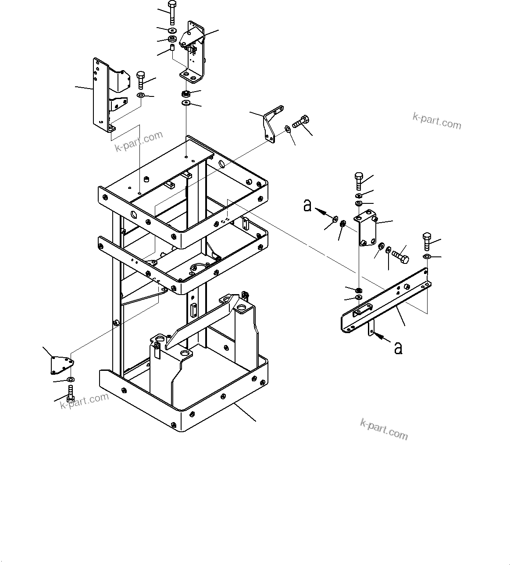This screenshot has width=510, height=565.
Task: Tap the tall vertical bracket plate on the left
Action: click(100, 94)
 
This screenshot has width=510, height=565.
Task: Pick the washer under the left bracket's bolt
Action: click(141, 95)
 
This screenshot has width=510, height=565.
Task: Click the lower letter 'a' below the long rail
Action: click(398, 348)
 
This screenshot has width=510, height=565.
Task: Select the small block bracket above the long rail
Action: click(367, 230)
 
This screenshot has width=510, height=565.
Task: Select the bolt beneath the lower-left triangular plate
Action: click(71, 392)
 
